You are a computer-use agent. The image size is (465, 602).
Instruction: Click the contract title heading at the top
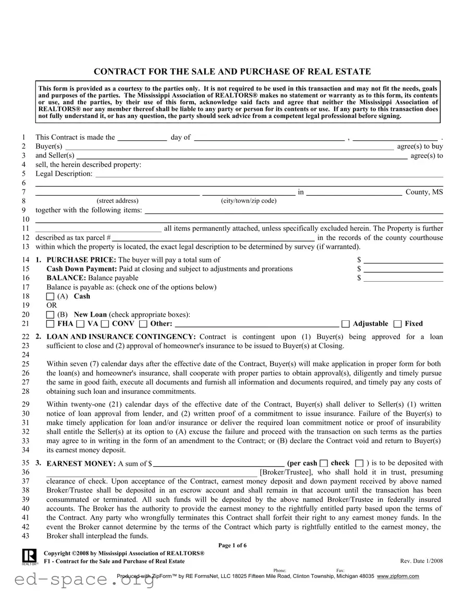(232, 71)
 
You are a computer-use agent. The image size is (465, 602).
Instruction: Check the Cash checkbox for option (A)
(50, 296)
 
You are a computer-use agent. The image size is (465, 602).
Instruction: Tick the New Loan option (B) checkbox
(50, 315)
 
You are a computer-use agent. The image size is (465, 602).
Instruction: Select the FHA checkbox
(50, 324)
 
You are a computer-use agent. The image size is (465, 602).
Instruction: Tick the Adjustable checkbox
(345, 324)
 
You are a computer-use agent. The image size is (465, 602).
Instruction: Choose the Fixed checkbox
(398, 324)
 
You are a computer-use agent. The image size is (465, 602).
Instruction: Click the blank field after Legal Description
(268, 174)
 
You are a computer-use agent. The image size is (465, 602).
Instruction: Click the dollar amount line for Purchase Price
(403, 260)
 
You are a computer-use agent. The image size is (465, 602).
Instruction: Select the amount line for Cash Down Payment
(403, 269)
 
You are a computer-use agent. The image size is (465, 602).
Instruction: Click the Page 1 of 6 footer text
(232, 546)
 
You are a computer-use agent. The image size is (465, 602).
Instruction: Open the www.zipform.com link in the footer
(398, 576)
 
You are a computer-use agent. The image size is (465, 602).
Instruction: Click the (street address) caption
(117, 201)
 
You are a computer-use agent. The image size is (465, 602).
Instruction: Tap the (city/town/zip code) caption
(249, 201)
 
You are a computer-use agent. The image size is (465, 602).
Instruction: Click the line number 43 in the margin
(25, 536)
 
